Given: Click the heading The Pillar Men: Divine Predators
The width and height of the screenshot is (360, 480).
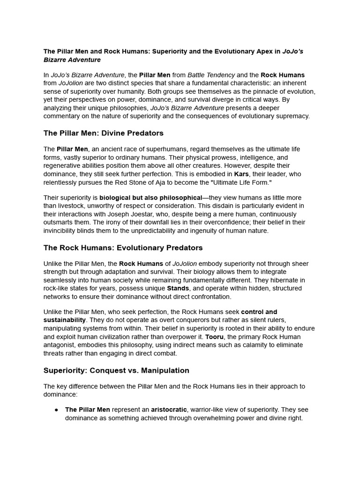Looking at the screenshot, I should [x=104, y=133].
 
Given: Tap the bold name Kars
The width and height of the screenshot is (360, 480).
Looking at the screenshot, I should [x=241, y=174].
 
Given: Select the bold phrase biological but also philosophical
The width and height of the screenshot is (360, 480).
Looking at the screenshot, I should [x=150, y=198].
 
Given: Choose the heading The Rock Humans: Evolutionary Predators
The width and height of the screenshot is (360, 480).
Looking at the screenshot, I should [x=123, y=247].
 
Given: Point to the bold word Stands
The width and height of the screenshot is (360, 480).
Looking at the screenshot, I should [x=178, y=288].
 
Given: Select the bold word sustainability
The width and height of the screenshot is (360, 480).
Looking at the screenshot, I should [x=65, y=320].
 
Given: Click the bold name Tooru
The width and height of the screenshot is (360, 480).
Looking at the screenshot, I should [x=214, y=337].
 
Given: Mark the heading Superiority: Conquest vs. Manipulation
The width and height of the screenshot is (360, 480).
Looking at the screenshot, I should [x=116, y=370].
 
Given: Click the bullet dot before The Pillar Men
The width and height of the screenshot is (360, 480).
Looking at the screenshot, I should [x=56, y=410].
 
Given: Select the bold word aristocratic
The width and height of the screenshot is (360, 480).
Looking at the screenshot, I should [x=169, y=410].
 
